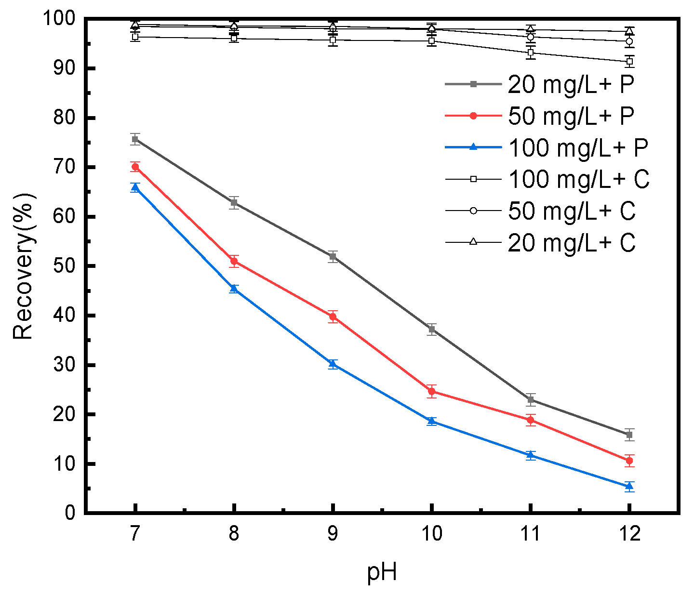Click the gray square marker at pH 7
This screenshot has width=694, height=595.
tap(135, 139)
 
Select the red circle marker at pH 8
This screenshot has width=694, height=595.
tap(234, 261)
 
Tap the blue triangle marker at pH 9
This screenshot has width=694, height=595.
tap(333, 364)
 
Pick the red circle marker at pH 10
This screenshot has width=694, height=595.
tap(431, 391)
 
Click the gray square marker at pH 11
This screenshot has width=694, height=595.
tap(530, 399)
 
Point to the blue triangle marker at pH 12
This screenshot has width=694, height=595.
tap(629, 486)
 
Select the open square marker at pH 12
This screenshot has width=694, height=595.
tap(629, 61)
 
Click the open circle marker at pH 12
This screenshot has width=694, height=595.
tap(629, 41)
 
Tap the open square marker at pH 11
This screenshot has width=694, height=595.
tap(530, 53)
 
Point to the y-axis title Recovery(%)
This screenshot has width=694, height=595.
tap(23, 266)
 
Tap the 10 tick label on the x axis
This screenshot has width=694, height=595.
tap(431, 534)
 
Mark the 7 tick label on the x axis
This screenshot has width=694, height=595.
tap(135, 534)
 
